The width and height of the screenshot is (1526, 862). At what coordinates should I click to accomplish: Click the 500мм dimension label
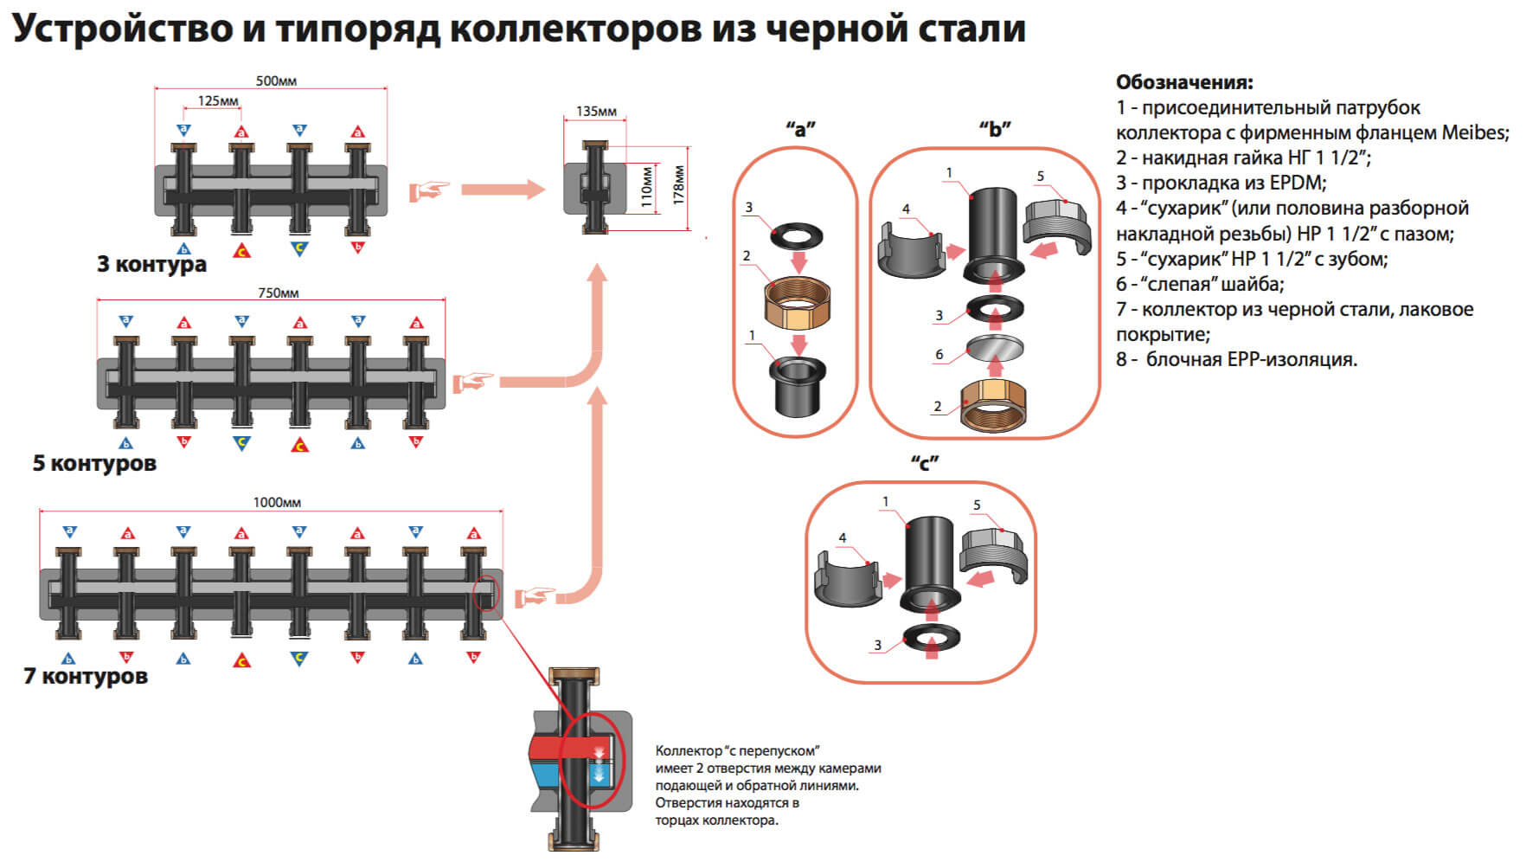click(276, 81)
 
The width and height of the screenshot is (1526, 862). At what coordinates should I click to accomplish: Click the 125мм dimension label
click(218, 101)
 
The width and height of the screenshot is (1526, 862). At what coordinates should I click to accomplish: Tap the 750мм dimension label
click(278, 293)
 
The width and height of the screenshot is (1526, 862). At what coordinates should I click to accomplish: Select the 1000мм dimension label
click(277, 503)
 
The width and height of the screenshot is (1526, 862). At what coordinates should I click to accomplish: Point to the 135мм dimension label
click(596, 112)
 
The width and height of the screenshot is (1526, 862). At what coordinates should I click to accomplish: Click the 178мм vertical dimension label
click(679, 184)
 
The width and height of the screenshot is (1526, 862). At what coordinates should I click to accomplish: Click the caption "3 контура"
click(151, 264)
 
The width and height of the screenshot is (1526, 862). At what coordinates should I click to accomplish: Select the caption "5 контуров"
click(94, 463)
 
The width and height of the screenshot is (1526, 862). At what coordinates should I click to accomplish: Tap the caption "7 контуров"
click(86, 676)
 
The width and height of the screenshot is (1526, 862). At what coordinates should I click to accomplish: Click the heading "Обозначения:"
click(1184, 83)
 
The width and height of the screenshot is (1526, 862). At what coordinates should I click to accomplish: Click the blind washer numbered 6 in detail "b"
click(994, 347)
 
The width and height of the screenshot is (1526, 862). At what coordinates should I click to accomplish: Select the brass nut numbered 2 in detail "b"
click(994, 403)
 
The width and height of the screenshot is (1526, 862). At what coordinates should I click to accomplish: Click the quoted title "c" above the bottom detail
click(924, 463)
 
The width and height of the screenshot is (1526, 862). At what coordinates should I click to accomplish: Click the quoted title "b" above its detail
click(995, 130)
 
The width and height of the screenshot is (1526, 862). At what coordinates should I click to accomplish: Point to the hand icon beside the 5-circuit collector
click(473, 382)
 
